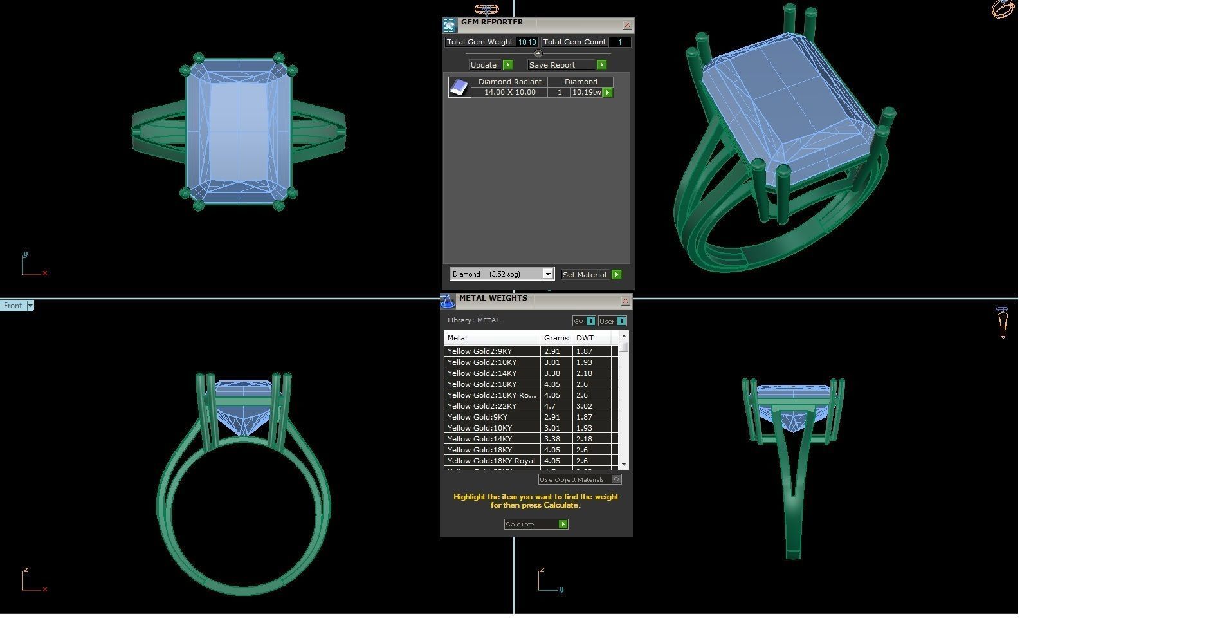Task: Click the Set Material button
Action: (x=591, y=275)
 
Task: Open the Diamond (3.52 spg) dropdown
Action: (x=547, y=274)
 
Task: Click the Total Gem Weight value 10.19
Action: (x=527, y=42)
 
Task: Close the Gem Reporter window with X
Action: (x=628, y=25)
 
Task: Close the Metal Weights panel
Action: (x=625, y=301)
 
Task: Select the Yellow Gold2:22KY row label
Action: (x=482, y=406)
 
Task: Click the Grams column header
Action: (x=556, y=338)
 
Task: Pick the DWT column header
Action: (x=585, y=338)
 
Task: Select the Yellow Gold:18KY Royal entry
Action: (x=491, y=461)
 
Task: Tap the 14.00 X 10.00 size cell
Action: (x=509, y=93)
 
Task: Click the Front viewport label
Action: (x=13, y=306)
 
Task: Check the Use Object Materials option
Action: (x=616, y=479)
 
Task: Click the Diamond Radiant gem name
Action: (x=509, y=82)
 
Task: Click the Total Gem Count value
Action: (x=619, y=42)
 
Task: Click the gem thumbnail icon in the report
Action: (x=459, y=88)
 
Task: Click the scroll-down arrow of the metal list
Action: (x=623, y=464)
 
